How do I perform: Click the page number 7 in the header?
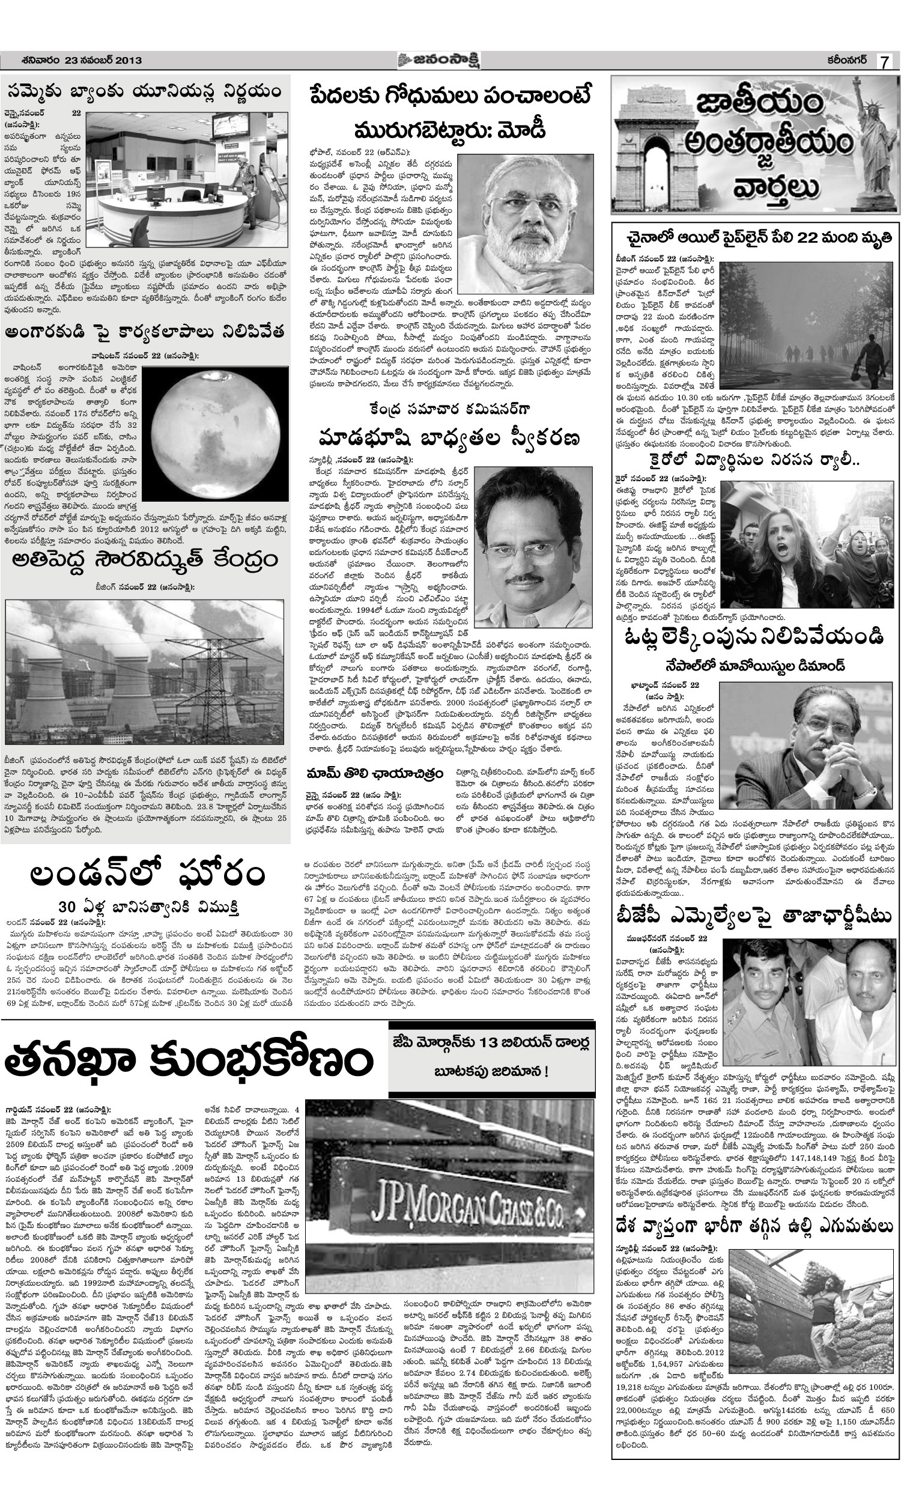[886, 62]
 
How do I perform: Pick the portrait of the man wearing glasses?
[533, 546]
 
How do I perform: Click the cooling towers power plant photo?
[145, 672]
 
